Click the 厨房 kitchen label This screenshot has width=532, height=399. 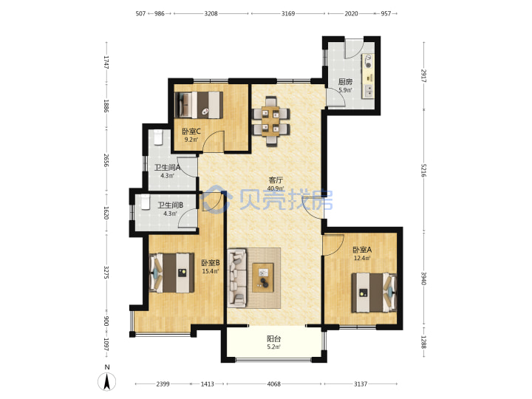click(x=345, y=82)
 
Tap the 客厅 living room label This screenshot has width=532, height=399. click(x=276, y=180)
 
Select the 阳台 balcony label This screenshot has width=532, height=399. click(x=274, y=338)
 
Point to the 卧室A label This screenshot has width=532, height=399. click(x=362, y=250)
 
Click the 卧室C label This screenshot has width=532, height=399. click(x=191, y=131)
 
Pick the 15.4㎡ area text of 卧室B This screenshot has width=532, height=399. click(x=211, y=271)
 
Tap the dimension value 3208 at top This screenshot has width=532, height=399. click(x=211, y=13)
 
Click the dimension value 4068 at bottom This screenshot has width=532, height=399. click(x=274, y=384)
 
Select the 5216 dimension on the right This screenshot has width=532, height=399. click(x=423, y=170)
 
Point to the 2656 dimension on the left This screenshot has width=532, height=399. click(x=106, y=160)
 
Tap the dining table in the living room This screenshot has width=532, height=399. click(x=270, y=121)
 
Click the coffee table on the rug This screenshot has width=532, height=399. click(x=262, y=278)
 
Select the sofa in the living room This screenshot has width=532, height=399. click(x=237, y=278)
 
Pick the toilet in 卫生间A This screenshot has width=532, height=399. click(x=158, y=137)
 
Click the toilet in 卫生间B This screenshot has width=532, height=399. click(x=146, y=202)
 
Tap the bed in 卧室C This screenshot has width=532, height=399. click(x=199, y=105)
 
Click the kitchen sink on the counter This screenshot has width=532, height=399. click(x=368, y=91)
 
